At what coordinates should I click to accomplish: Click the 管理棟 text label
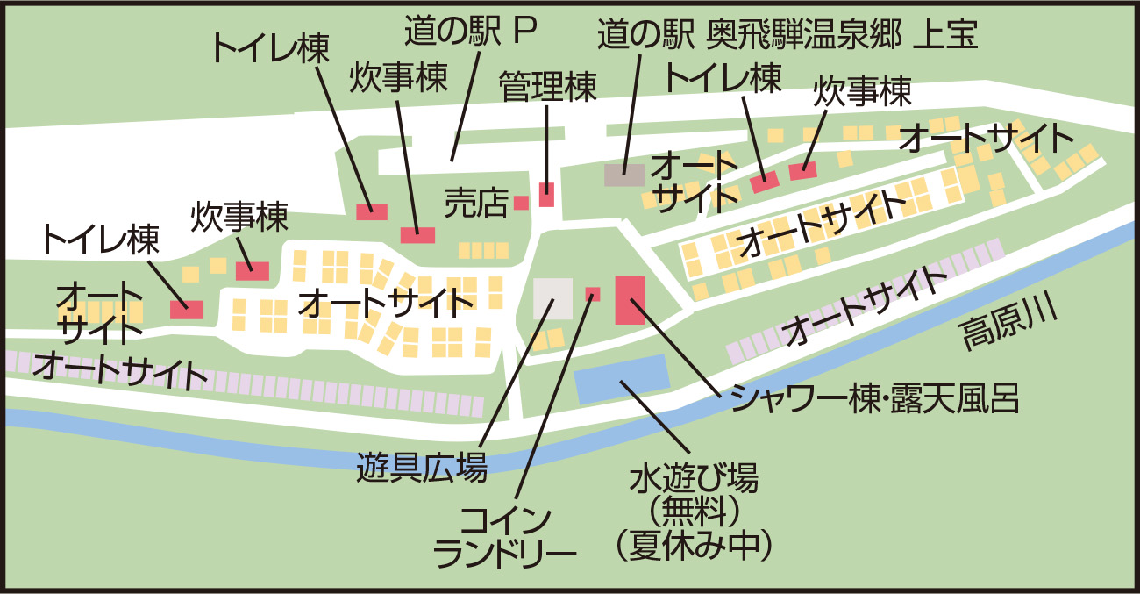(547, 87)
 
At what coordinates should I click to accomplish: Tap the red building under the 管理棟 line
(546, 195)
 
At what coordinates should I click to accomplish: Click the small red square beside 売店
(521, 203)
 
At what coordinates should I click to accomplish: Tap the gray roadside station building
(624, 174)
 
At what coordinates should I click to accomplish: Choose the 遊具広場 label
(422, 469)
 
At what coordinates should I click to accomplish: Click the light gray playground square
(552, 298)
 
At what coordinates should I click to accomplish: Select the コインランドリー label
(506, 535)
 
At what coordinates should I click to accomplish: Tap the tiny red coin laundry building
(593, 293)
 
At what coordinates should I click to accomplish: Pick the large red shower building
(630, 300)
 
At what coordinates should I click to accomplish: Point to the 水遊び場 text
(693, 480)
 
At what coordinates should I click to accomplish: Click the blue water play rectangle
(621, 380)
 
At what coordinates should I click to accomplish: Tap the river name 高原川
(1008, 326)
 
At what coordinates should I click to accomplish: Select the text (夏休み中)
(693, 546)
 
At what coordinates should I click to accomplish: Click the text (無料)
(693, 512)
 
